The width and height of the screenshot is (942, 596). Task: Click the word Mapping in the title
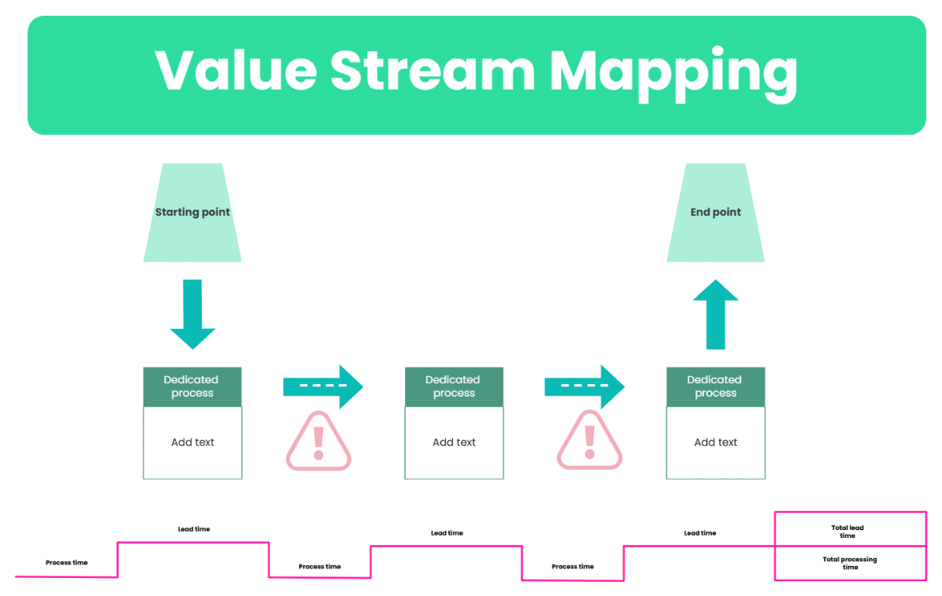pyautogui.click(x=673, y=72)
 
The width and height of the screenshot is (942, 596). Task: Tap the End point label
pyautogui.click(x=715, y=212)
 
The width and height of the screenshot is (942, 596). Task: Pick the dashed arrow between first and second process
pyautogui.click(x=323, y=386)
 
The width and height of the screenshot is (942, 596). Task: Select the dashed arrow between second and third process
pyautogui.click(x=584, y=386)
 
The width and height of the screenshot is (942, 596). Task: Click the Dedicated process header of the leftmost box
pyautogui.click(x=192, y=386)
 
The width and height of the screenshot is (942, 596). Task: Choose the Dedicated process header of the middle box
pyautogui.click(x=454, y=386)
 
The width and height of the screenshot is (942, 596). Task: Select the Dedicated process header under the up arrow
pyautogui.click(x=715, y=386)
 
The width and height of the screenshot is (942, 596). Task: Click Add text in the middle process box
pyautogui.click(x=454, y=442)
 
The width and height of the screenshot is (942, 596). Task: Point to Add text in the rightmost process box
pyautogui.click(x=715, y=442)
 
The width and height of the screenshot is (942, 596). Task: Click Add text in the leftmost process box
pyautogui.click(x=192, y=442)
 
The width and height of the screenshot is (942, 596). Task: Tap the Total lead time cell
pyautogui.click(x=849, y=530)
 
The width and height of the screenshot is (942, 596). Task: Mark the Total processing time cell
pyautogui.click(x=849, y=563)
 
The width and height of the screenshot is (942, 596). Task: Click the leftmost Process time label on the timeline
pyautogui.click(x=67, y=562)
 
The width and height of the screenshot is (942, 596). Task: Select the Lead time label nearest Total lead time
pyautogui.click(x=699, y=533)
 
